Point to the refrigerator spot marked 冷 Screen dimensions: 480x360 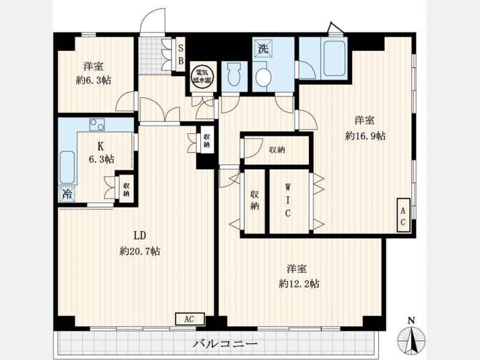[67, 193]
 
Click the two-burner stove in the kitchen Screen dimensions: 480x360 [97, 124]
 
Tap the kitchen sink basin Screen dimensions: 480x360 [67, 167]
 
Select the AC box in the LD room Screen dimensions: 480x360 [190, 319]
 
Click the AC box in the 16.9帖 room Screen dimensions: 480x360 [403, 215]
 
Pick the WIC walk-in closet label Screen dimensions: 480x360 [287, 200]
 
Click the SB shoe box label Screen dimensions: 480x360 [181, 55]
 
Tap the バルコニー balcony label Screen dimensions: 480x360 [224, 344]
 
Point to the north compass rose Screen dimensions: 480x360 [412, 338]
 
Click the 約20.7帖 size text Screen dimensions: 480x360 [140, 251]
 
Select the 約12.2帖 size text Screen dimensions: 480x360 [299, 284]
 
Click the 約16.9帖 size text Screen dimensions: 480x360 [365, 136]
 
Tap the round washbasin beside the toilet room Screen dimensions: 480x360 [263, 77]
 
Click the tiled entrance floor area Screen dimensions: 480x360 [150, 56]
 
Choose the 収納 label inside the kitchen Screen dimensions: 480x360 [126, 190]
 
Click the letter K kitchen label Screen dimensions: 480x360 [100, 146]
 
